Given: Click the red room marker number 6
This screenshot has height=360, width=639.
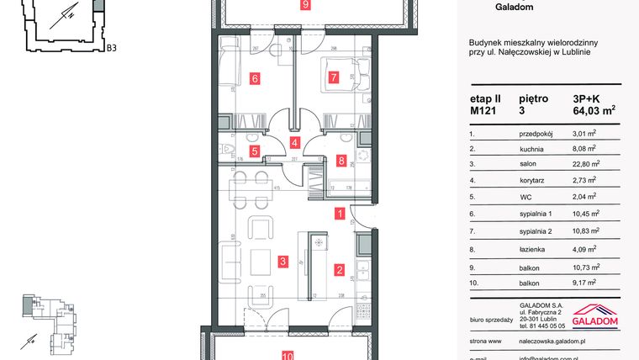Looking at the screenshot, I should click(253, 80).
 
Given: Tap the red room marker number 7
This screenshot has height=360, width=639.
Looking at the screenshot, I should click(333, 80).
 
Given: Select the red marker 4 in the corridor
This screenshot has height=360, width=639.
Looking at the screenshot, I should click(294, 143).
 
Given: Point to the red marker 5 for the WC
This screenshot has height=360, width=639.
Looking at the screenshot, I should click(255, 152).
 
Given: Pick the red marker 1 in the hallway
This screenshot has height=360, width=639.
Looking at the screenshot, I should click(339, 214).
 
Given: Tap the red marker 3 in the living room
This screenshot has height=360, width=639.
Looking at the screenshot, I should click(283, 262).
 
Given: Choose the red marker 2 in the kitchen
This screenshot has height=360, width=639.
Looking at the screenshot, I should click(339, 270).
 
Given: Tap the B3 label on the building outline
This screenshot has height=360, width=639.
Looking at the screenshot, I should click(110, 48).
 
